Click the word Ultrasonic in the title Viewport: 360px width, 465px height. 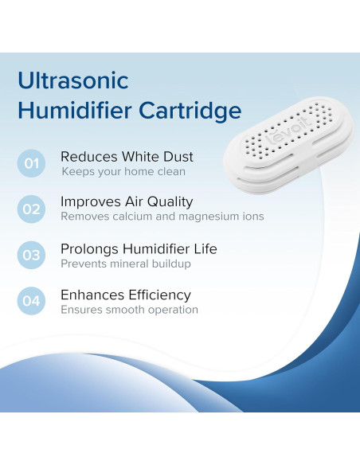coord(72,80)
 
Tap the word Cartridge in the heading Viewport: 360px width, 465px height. coord(195,110)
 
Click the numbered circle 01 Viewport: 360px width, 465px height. coord(31,164)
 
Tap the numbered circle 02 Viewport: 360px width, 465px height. coord(31,209)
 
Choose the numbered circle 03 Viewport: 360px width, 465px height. coord(31,256)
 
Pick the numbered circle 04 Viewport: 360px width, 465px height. coord(31,301)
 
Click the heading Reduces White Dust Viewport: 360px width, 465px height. coord(127,157)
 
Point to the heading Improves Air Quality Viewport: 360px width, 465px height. coord(127,202)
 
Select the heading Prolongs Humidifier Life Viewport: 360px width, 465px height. coord(139,249)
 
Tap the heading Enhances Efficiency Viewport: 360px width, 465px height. coord(126,295)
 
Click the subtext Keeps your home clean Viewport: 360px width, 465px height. coord(123,171)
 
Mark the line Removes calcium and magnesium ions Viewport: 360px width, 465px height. coord(162,217)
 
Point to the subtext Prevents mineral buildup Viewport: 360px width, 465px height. coord(126,264)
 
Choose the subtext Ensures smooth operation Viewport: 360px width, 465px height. coord(129,310)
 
